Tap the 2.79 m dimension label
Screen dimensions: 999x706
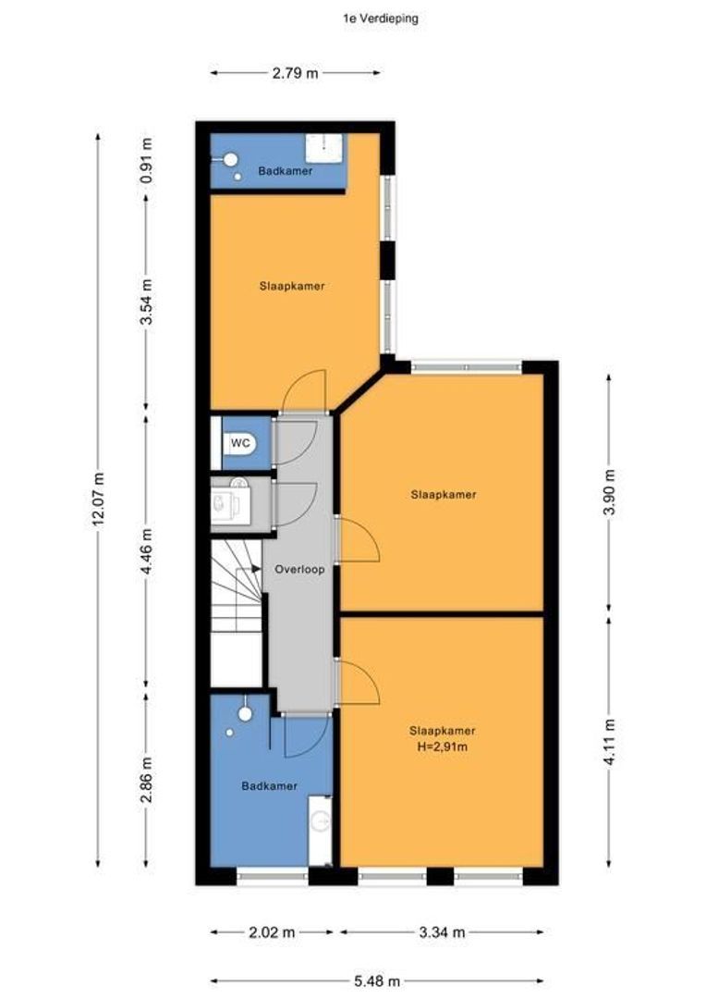click(295, 73)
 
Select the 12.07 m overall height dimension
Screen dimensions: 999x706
click(99, 500)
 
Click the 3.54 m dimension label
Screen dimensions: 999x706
click(147, 302)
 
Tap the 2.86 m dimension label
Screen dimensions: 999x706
click(147, 783)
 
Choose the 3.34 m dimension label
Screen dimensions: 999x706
click(442, 932)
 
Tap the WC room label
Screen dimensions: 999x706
click(240, 443)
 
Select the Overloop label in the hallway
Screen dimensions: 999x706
click(299, 570)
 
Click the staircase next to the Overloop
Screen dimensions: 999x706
click(237, 601)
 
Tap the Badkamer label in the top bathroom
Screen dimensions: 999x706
click(285, 171)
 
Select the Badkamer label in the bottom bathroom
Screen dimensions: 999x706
click(269, 786)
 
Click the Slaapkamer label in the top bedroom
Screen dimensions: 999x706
click(291, 287)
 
